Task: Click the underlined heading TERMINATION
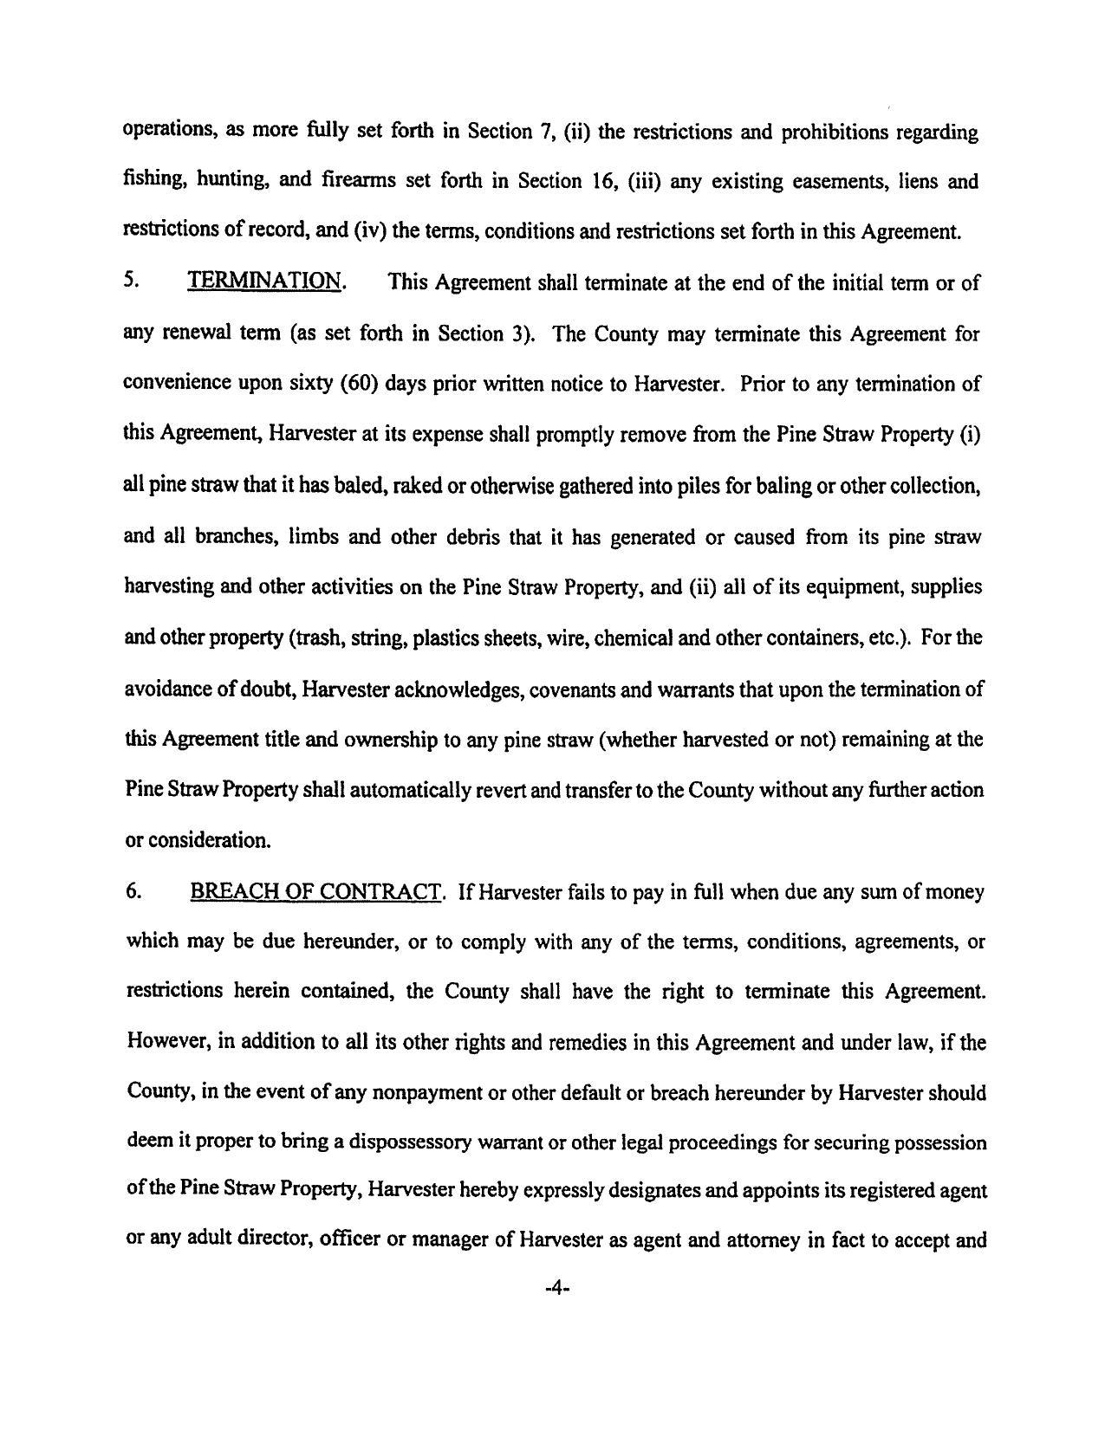[x=264, y=282]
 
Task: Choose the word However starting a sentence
[x=167, y=1042]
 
